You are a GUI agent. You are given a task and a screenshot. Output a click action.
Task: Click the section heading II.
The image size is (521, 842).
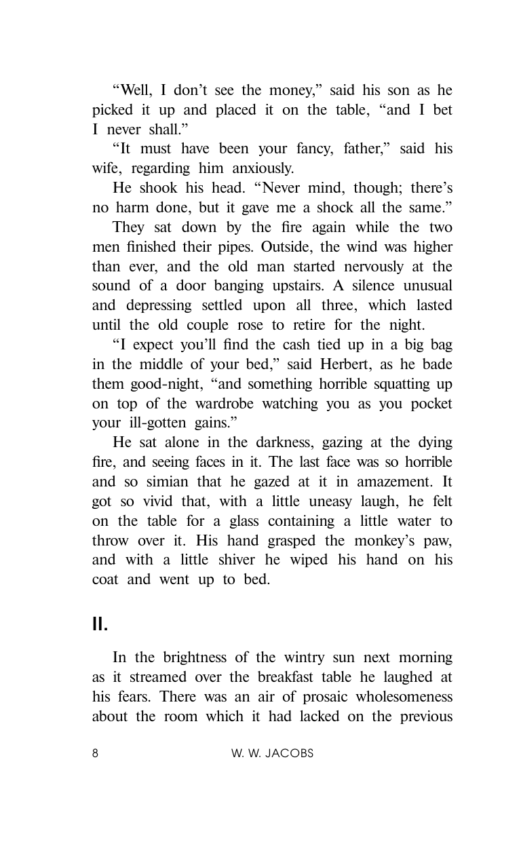click(x=100, y=624)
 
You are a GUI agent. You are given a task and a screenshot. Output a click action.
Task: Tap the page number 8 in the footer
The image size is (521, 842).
click(x=96, y=754)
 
